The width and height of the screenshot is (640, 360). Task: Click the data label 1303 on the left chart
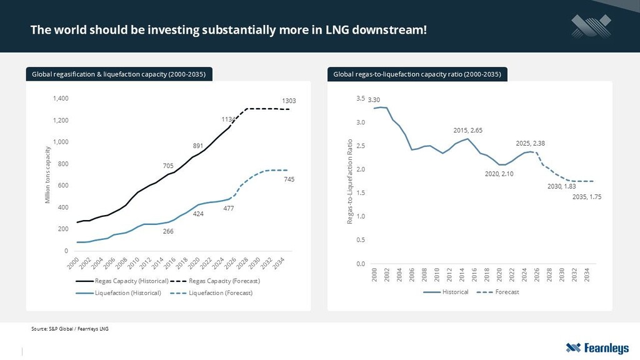(288, 101)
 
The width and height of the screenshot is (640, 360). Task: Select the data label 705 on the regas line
(168, 166)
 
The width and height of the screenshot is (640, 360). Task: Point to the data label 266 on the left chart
(168, 231)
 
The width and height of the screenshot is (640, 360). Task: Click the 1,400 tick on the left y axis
(60, 99)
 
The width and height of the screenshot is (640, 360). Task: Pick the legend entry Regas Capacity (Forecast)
(224, 281)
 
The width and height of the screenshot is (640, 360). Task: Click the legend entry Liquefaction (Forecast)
(221, 292)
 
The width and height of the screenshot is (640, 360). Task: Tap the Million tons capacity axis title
(48, 174)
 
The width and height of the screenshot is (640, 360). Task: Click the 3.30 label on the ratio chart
(374, 100)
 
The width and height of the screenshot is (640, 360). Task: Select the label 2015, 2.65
(467, 130)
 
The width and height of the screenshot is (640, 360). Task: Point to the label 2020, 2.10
(499, 174)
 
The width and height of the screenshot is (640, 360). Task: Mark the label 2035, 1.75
(586, 197)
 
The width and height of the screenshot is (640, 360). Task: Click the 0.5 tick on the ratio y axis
(361, 240)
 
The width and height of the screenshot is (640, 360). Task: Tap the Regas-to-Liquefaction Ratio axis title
(351, 181)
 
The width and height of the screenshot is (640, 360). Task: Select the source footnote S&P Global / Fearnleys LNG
(69, 329)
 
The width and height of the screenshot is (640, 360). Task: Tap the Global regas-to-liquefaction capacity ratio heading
(417, 74)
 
